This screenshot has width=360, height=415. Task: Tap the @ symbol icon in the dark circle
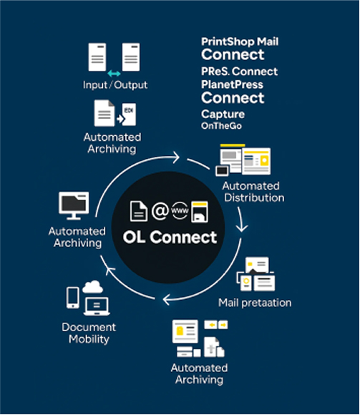click(159, 212)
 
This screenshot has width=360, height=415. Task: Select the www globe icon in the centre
click(180, 212)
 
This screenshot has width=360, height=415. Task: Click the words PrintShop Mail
click(240, 41)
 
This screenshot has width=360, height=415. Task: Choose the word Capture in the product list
click(223, 114)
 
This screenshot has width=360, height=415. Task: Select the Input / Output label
click(115, 85)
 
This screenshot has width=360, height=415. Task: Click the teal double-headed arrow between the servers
click(114, 73)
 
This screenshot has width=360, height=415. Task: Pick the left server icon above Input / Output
click(97, 57)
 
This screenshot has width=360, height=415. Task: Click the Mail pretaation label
click(255, 303)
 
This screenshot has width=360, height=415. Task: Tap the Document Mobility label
click(89, 333)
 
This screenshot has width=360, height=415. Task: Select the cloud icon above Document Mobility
click(94, 287)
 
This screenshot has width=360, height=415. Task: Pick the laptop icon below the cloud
click(96, 306)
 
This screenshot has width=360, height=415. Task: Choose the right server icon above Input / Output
click(131, 57)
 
